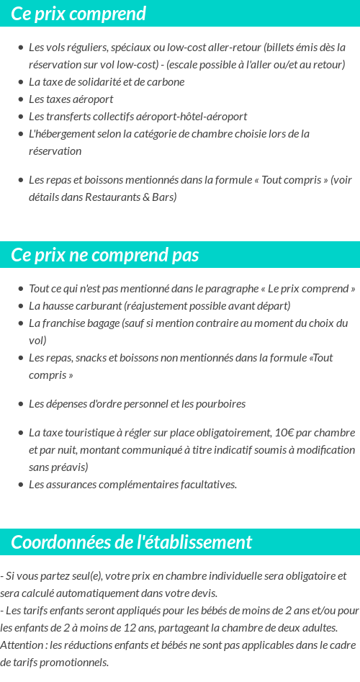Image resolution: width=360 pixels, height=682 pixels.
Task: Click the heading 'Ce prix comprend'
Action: (78, 14)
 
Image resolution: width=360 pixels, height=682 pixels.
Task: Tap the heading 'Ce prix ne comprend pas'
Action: (105, 256)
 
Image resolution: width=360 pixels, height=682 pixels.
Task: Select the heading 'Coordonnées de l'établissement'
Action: (132, 542)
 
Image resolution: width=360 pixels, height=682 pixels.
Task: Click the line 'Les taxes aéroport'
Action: (71, 99)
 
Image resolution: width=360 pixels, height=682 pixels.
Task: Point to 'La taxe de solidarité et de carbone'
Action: (107, 82)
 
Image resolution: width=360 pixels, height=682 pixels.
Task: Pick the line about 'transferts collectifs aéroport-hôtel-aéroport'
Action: (138, 117)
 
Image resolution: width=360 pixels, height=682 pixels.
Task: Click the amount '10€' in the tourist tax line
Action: (283, 433)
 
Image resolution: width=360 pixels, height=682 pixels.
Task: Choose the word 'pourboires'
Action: (221, 404)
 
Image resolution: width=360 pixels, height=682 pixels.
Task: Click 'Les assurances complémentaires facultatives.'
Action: (132, 485)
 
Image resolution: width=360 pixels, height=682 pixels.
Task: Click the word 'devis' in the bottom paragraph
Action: (202, 593)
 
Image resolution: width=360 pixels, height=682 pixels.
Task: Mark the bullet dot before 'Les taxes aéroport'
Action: (20, 99)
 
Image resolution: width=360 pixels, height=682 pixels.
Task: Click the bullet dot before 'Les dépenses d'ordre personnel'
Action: (20, 404)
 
